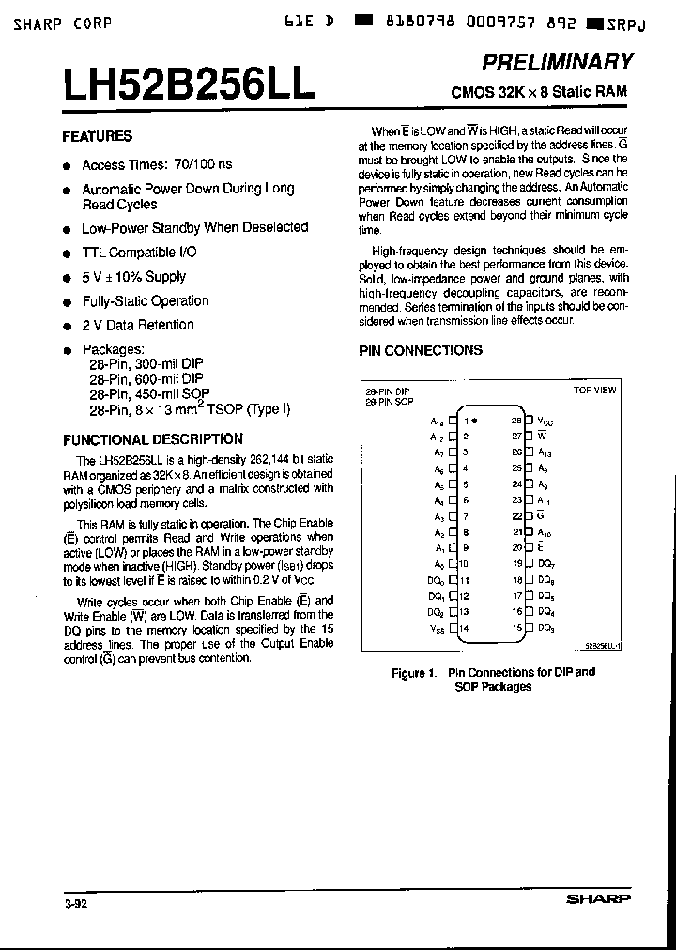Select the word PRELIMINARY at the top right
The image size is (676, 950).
pyautogui.click(x=557, y=62)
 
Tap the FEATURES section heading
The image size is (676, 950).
pyautogui.click(x=97, y=136)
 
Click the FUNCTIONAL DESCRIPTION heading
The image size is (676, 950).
pyautogui.click(x=152, y=439)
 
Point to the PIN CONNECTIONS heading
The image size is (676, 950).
pyautogui.click(x=421, y=350)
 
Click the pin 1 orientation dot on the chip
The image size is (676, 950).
pyautogui.click(x=474, y=420)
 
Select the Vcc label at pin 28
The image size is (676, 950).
pyautogui.click(x=545, y=421)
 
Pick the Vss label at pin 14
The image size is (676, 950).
pyautogui.click(x=436, y=628)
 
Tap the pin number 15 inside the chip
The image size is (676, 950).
pyautogui.click(x=516, y=628)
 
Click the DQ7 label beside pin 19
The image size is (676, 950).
pyautogui.click(x=545, y=564)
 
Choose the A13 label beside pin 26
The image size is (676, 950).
pyautogui.click(x=544, y=452)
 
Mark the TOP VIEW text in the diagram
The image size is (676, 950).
pyautogui.click(x=594, y=390)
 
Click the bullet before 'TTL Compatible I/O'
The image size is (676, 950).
pyautogui.click(x=67, y=254)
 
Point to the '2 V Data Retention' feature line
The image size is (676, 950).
pyautogui.click(x=138, y=325)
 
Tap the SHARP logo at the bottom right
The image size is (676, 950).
pyautogui.click(x=598, y=898)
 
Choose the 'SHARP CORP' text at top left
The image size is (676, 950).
pyautogui.click(x=63, y=23)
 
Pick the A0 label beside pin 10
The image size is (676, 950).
pyautogui.click(x=438, y=564)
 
